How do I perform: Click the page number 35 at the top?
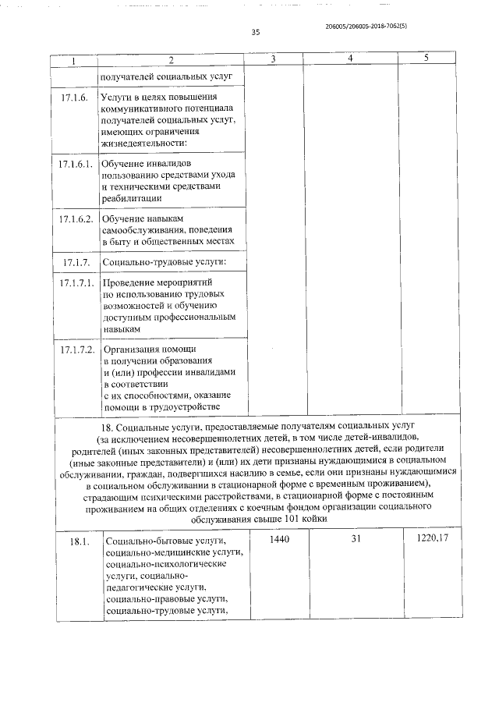pyautogui.click(x=255, y=32)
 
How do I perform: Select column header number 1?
pyautogui.click(x=73, y=60)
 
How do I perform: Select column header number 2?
pyautogui.click(x=172, y=60)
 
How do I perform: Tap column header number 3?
pyautogui.click(x=273, y=60)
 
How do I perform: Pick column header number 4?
pyautogui.click(x=349, y=60)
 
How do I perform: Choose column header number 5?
pyautogui.click(x=426, y=60)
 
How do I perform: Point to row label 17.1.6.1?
pyautogui.click(x=76, y=165)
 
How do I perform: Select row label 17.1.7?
pyautogui.click(x=74, y=261)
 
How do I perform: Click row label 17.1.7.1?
pyautogui.click(x=76, y=282)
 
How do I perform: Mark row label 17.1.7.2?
pyautogui.click(x=76, y=349)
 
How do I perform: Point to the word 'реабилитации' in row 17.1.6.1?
pyautogui.click(x=132, y=198)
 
